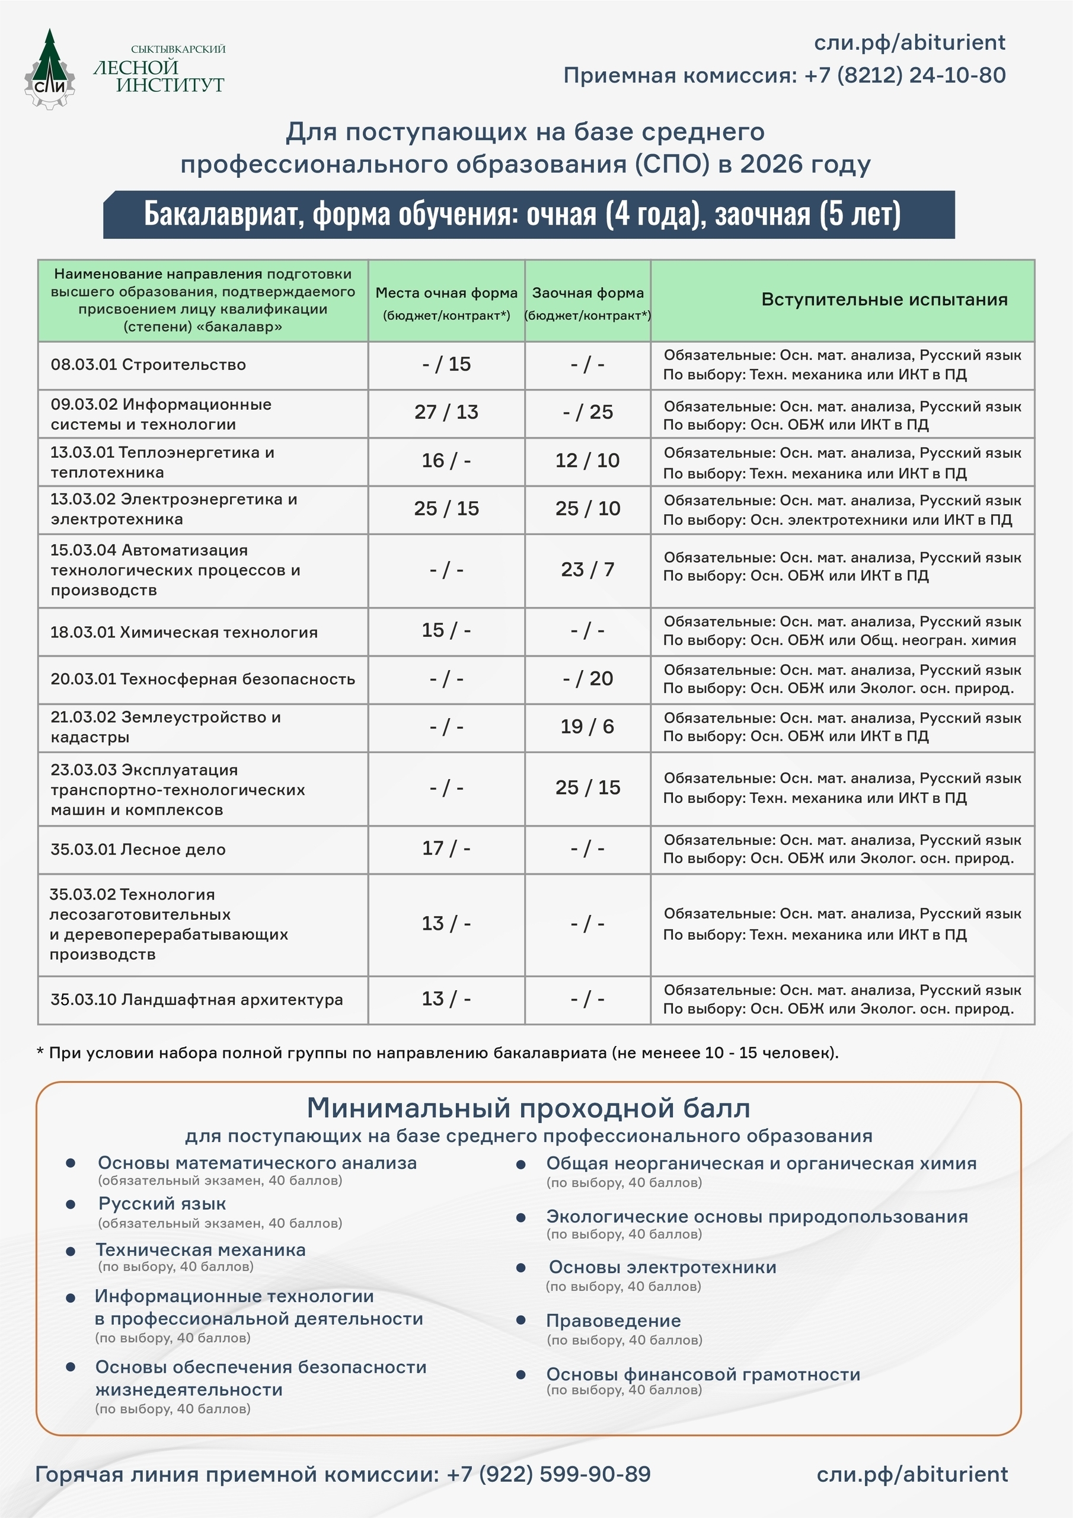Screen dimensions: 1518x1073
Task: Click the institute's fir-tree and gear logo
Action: [x=50, y=70]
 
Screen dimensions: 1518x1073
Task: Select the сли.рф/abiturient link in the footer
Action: [x=912, y=1474]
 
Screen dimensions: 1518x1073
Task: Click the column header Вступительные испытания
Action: [x=884, y=299]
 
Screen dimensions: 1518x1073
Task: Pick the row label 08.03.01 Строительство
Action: [x=148, y=364]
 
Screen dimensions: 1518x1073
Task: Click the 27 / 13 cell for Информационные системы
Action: [x=446, y=412]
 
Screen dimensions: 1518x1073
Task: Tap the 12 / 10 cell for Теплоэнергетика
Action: [x=587, y=460]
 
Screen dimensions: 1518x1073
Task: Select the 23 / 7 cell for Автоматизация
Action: [x=587, y=569]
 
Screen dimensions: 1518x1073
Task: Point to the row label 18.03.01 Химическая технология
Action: [x=184, y=632]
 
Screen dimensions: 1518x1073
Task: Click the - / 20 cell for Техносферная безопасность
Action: [x=587, y=678]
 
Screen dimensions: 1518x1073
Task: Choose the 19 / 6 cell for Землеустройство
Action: [x=587, y=726]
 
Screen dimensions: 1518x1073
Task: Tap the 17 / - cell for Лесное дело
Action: [x=446, y=849]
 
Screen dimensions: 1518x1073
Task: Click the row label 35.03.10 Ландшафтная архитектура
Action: [x=196, y=999]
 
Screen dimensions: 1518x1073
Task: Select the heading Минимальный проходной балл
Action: [x=528, y=1108]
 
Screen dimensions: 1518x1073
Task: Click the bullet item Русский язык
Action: [x=162, y=1203]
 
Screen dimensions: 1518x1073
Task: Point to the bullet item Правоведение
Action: [x=613, y=1321]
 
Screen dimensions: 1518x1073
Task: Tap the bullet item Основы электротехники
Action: [x=662, y=1267]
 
